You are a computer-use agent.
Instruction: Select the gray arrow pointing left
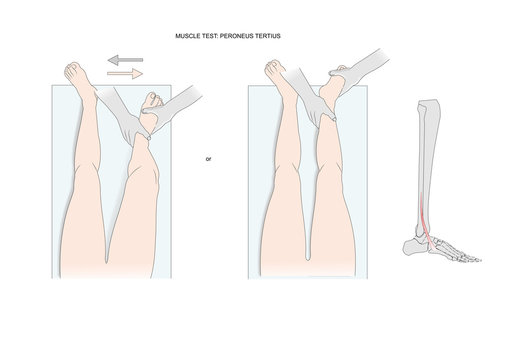(126, 61)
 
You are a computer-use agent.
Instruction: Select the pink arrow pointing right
(126, 74)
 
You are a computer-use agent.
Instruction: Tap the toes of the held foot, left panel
(154, 101)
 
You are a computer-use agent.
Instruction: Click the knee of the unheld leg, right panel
(277, 225)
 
